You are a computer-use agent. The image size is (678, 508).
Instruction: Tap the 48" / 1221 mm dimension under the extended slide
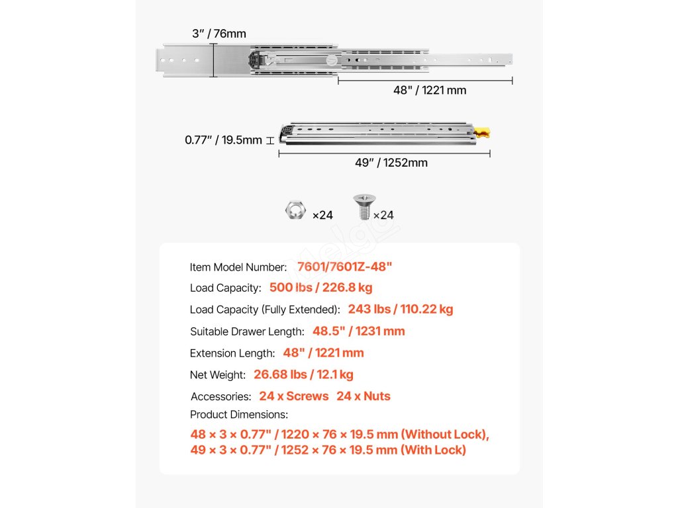tap(430, 90)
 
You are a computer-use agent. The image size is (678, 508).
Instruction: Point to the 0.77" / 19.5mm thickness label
tap(223, 140)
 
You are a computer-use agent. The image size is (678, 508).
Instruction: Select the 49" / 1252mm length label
tap(392, 163)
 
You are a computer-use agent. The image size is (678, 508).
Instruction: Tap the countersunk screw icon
tap(363, 207)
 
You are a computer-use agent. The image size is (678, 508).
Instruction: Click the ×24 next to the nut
tap(322, 215)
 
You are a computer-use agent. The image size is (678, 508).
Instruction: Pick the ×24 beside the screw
tap(383, 215)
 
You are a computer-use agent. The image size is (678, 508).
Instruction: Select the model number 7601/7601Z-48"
tap(345, 267)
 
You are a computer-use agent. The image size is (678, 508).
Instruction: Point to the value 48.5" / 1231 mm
tap(358, 331)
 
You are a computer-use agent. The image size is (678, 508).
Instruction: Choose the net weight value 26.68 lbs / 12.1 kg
tap(303, 374)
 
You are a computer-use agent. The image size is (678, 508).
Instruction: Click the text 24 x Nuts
tap(363, 396)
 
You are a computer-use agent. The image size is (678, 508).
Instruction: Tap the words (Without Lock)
tap(444, 435)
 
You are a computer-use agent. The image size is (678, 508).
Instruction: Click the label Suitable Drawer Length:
tap(247, 331)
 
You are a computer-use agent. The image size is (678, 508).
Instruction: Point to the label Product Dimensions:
tap(239, 415)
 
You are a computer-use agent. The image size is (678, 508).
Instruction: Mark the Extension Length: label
tap(232, 353)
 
